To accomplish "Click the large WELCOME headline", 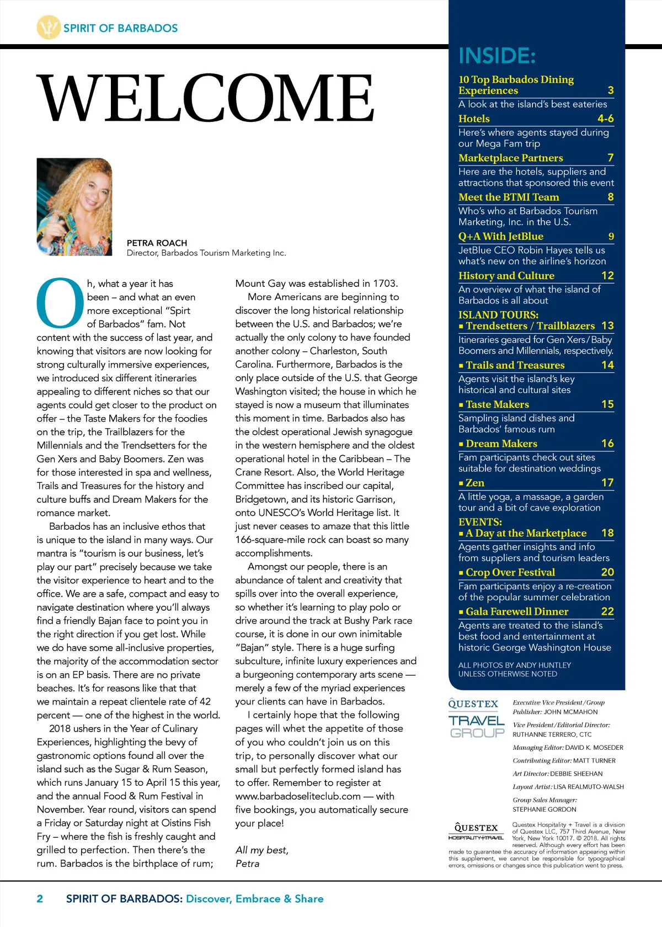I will [205, 98].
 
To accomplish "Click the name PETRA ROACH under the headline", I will [157, 243].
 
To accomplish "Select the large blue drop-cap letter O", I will [60, 303].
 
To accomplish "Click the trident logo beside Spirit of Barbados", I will [49, 28].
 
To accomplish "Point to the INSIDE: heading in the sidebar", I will [497, 56].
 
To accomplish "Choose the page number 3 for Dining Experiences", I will [610, 90].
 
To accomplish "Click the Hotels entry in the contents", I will [474, 119].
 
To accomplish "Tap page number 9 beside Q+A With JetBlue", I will [611, 236].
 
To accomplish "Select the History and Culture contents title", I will [506, 275].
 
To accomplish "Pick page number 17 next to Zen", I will [607, 483].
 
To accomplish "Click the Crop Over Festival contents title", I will [510, 572].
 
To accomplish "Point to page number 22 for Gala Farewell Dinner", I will [607, 611].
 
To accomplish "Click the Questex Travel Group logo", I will [476, 718].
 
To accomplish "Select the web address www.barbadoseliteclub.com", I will [298, 796].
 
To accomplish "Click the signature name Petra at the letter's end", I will [247, 864].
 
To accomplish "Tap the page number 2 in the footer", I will [40, 899].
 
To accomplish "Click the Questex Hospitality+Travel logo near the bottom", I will [476, 832].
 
